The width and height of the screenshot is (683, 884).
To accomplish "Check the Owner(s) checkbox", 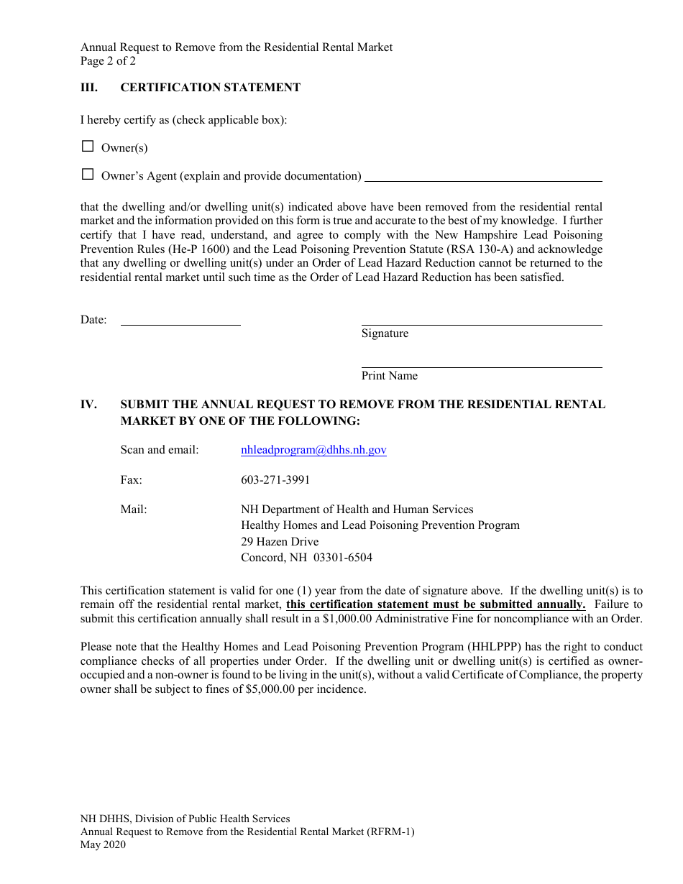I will (x=88, y=147).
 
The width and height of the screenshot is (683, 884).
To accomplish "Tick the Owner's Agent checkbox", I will (x=88, y=175).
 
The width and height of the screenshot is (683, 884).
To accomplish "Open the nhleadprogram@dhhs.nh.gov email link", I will (x=313, y=450).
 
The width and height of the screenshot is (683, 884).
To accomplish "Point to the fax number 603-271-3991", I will (x=275, y=479).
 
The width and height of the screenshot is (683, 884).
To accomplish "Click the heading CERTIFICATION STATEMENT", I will (x=210, y=88).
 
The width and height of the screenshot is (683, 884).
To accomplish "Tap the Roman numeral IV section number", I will (x=88, y=405).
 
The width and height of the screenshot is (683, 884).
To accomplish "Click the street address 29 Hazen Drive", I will (x=280, y=541).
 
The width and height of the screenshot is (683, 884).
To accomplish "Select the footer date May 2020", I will (x=103, y=844).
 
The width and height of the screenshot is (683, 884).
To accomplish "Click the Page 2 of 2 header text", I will (x=108, y=61).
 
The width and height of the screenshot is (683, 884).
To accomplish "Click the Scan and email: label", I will (x=160, y=450).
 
